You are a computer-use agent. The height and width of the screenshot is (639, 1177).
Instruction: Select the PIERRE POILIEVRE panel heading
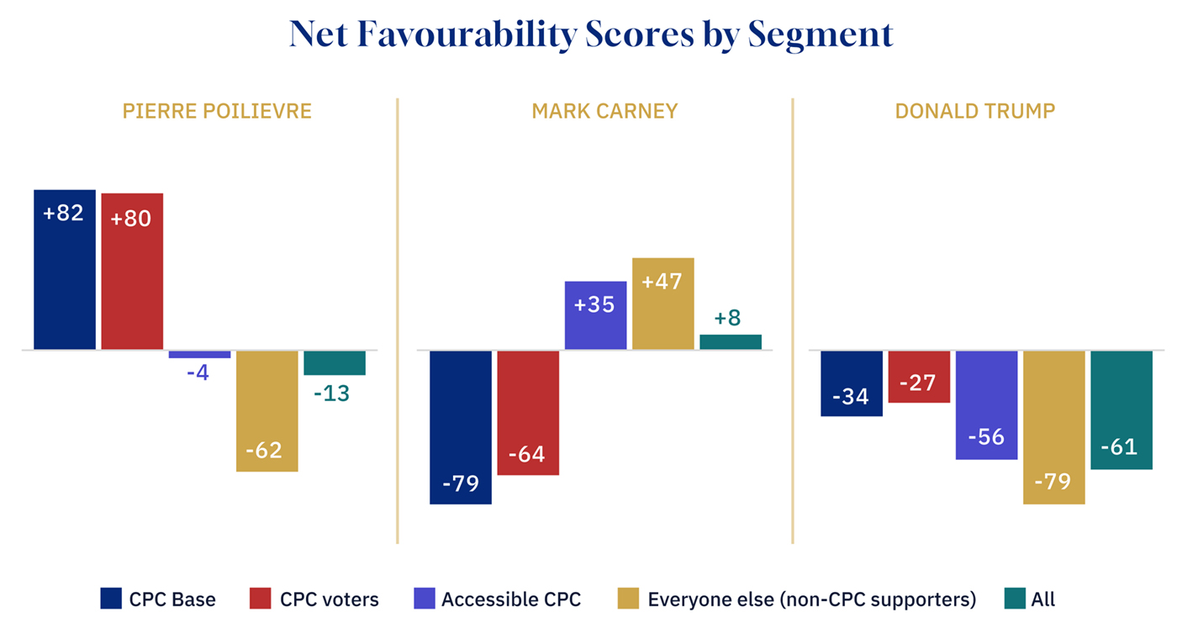coord(217,111)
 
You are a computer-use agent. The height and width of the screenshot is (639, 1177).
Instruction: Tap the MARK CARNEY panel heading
coord(604,112)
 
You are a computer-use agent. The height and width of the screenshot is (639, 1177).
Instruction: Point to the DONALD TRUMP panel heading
coord(975,111)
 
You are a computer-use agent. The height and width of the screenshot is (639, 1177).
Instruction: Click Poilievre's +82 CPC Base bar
coord(65,269)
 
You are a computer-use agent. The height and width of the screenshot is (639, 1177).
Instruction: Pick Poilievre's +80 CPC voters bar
coord(132,271)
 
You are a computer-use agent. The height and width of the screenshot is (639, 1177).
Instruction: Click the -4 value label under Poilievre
coord(199,372)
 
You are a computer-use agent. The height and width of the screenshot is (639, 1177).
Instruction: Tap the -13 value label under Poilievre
coord(335,393)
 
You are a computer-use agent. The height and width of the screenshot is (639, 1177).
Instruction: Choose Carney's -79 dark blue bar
coord(461,426)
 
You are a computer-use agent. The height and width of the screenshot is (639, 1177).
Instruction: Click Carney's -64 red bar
coord(528,412)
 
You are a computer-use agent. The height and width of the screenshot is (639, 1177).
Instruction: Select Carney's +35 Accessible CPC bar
coord(595,315)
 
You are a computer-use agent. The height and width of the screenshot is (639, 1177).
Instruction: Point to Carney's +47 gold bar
coord(662,304)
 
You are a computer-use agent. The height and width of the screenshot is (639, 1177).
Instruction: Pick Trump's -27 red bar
coord(919,377)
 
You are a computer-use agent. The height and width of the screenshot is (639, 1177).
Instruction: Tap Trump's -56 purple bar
coord(986,404)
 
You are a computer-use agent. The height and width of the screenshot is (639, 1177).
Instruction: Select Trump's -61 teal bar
coord(1122,409)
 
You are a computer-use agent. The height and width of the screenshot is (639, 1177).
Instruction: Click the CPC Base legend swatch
coord(111,599)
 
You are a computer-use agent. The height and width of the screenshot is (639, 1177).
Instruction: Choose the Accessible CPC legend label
coord(511,599)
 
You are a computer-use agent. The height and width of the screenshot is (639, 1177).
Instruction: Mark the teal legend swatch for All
coord(1015,599)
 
